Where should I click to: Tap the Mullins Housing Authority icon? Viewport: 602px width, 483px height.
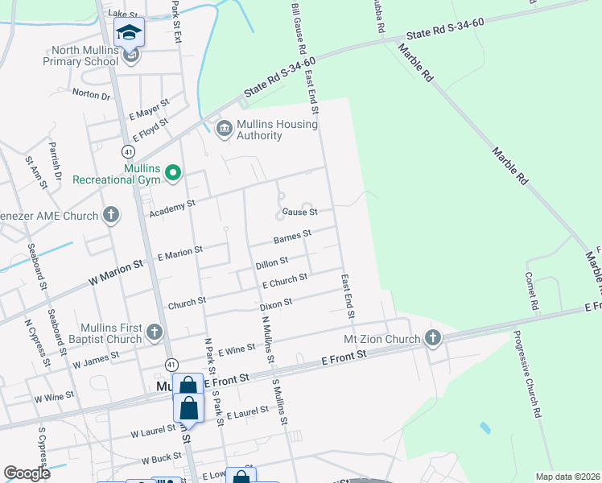point(224,128)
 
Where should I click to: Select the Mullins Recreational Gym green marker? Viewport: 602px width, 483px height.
point(172,172)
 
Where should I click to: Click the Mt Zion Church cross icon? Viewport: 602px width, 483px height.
point(433,337)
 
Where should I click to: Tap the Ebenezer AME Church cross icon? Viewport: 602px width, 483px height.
point(111,215)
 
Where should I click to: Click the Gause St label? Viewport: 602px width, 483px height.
point(299,213)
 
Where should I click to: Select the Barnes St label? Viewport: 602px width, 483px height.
point(292,237)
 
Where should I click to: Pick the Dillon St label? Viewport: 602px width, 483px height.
point(271,262)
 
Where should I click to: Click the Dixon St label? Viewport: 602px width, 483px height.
point(275,305)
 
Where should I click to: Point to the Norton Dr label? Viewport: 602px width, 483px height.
point(91,94)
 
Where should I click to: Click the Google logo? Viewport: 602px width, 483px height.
point(27,473)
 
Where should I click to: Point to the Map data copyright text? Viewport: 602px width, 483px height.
point(568,477)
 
